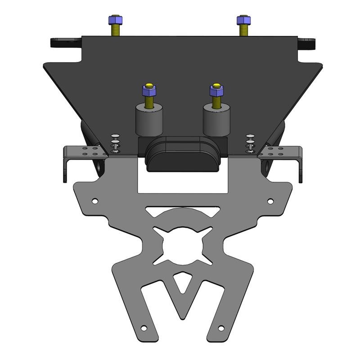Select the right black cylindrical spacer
coord(214,121)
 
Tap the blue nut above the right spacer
coord(216,90)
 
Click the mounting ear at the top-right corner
coord(307,44)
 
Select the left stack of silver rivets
coord(116,144)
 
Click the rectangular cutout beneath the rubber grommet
coord(182,182)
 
